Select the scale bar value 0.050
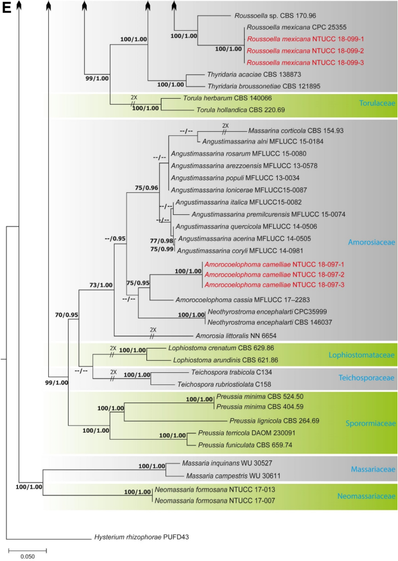point(27,556)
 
